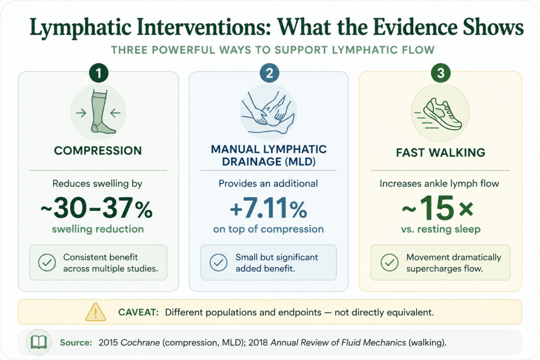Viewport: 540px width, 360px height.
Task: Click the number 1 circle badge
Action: (x=99, y=73)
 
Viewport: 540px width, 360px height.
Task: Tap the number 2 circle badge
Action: (x=269, y=73)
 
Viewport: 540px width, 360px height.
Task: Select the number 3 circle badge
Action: (x=440, y=73)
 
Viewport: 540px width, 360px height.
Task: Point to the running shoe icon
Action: (x=439, y=114)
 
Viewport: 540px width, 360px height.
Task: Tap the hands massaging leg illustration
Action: (x=268, y=113)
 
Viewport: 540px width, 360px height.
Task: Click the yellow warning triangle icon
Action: (x=95, y=312)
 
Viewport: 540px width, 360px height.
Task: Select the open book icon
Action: (x=38, y=343)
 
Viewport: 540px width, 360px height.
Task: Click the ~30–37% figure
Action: (x=97, y=208)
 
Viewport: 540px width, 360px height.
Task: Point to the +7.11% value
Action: (x=268, y=208)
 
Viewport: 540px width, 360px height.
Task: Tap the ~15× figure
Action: (x=438, y=208)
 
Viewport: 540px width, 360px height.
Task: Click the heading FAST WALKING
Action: (x=440, y=152)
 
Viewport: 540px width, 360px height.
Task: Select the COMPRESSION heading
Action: (x=98, y=151)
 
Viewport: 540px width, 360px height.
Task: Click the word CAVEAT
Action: (x=138, y=312)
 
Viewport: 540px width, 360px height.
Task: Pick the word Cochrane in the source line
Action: (x=140, y=343)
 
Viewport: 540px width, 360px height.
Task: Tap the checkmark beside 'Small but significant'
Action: (x=218, y=262)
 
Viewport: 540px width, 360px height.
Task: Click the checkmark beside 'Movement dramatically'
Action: (x=390, y=262)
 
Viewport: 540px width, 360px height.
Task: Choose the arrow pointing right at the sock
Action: (x=81, y=113)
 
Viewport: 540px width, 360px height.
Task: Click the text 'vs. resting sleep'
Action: (x=440, y=229)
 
